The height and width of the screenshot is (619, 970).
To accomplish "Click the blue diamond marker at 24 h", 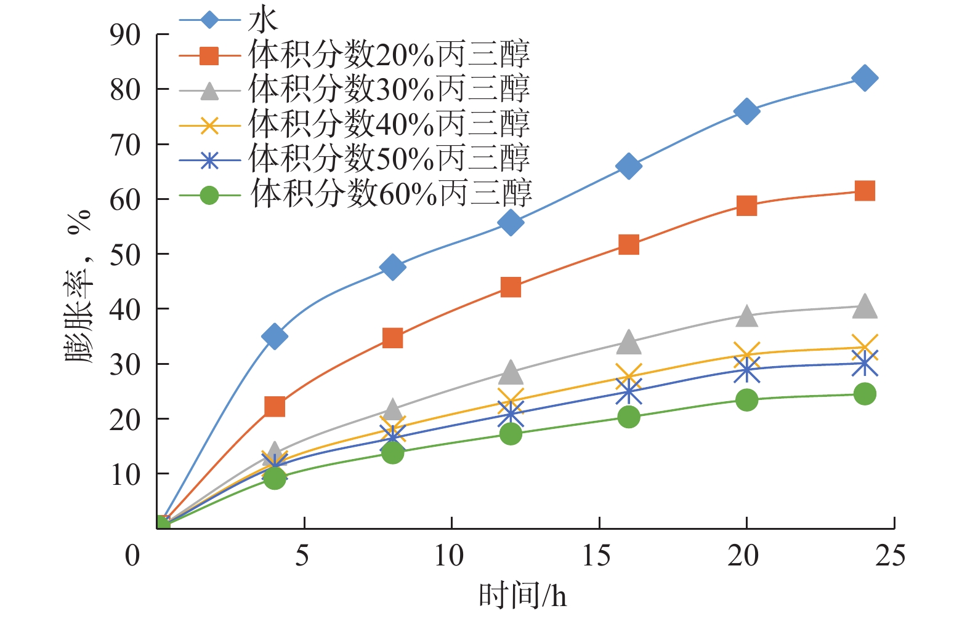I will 865,78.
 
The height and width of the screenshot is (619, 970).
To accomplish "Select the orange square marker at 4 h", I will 275,407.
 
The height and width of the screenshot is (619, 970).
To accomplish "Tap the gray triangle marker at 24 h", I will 865,306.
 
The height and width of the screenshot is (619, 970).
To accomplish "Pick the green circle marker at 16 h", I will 629,417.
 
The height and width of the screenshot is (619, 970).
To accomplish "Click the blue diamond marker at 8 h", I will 393,267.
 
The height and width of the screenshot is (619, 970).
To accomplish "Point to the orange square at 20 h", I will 746,206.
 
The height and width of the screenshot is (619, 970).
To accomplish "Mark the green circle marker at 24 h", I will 865,394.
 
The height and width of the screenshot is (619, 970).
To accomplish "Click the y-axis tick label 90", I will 125,35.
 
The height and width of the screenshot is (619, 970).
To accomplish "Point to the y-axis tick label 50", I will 125,254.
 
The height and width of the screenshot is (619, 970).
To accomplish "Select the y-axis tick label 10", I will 125,474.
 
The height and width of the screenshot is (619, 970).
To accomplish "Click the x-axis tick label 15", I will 597,556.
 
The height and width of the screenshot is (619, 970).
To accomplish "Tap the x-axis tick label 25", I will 891,556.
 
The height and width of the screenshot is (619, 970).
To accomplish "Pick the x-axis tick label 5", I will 302,556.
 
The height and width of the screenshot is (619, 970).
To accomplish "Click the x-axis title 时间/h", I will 522,596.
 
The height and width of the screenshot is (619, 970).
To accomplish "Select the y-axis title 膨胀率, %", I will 79,286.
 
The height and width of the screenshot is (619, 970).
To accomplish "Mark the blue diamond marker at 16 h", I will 629,166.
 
